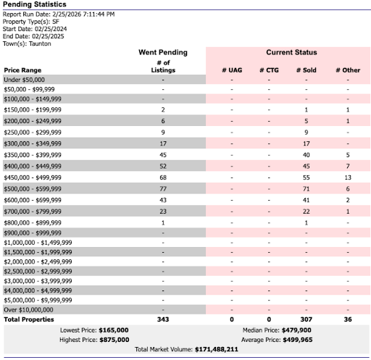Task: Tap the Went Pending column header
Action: (x=162, y=53)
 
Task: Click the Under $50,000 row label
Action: (x=24, y=79)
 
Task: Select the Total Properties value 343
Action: (x=162, y=319)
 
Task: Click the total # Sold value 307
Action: (x=307, y=319)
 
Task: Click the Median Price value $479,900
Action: (x=288, y=330)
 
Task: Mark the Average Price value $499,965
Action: (x=288, y=339)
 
